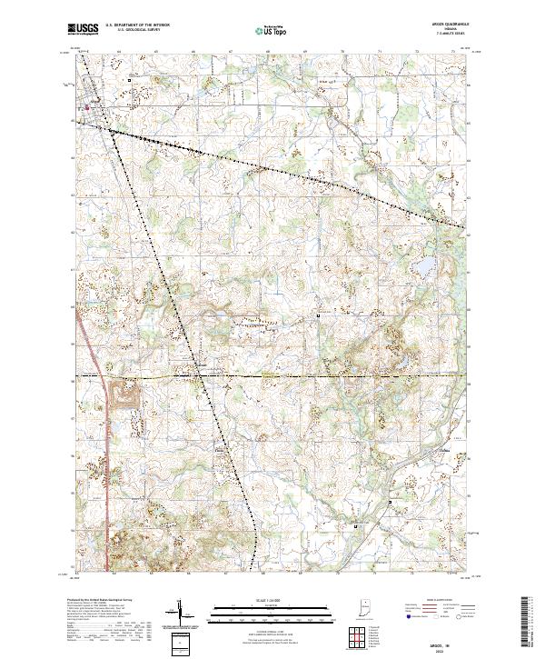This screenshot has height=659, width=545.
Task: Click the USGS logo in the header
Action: [84, 29]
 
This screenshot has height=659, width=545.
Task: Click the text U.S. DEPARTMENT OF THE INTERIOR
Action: [137, 25]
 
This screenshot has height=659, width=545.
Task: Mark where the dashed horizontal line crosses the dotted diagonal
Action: [203, 375]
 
